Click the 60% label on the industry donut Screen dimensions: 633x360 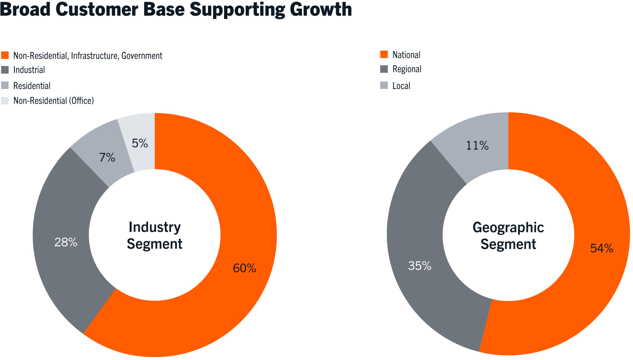(x=244, y=268)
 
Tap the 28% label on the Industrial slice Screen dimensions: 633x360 (x=66, y=242)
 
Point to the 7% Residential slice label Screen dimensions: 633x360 (x=107, y=157)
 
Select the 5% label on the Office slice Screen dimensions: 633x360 (x=140, y=143)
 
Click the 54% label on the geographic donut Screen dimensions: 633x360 (x=602, y=248)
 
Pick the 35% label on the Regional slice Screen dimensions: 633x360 (x=420, y=266)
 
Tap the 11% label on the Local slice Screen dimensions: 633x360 (x=477, y=146)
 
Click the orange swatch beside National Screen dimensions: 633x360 (x=384, y=54)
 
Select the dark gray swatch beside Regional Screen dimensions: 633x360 (x=384, y=69)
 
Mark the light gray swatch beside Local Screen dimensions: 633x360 (x=384, y=85)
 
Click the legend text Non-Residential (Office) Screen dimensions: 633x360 (x=54, y=100)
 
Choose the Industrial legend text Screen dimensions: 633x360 (x=29, y=70)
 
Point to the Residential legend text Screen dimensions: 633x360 (x=32, y=86)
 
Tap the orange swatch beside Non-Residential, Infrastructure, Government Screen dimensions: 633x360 (x=5, y=55)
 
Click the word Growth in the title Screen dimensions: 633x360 (x=321, y=10)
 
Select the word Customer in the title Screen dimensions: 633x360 (x=97, y=9)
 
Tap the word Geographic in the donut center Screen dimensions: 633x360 (x=509, y=228)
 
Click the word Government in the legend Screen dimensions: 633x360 (x=142, y=56)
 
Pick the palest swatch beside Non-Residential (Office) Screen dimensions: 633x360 (x=5, y=100)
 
